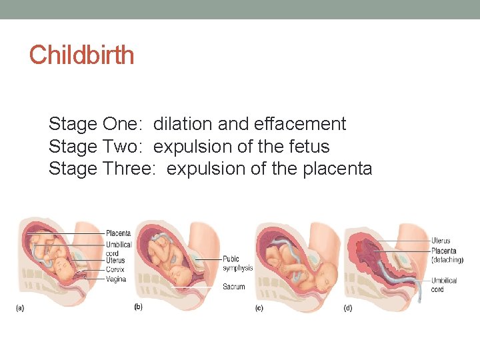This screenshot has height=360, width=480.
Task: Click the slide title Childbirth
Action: pos(81,55)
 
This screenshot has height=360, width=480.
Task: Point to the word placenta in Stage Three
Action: pos(337,169)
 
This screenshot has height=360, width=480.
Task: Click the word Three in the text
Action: pos(129,169)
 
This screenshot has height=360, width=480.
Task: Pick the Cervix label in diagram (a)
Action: pos(115,269)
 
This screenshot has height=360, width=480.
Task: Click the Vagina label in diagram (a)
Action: pos(115,279)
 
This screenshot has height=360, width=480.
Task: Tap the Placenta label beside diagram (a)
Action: pos(118,233)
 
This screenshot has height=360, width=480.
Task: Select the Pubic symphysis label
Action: pos(238,263)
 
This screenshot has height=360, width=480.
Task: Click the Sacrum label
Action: pos(233,287)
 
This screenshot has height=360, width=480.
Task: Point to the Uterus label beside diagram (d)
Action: pos(441,241)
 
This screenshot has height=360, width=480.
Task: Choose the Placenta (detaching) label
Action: pos(443,255)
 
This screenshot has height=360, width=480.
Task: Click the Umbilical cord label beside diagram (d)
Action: pos(443,285)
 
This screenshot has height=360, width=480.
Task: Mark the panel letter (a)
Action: pos(21,307)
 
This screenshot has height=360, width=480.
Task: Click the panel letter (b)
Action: pos(139,307)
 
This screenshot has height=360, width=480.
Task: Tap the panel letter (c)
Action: pos(259,308)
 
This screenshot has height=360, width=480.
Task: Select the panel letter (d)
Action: pos(348,308)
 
